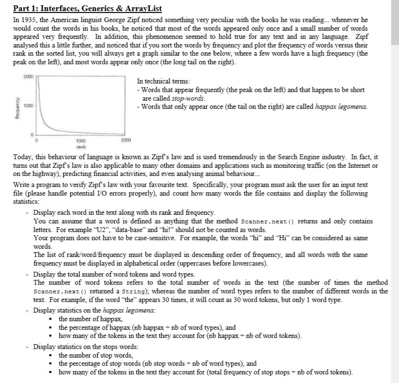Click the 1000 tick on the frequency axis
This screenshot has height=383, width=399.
click(x=28, y=104)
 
